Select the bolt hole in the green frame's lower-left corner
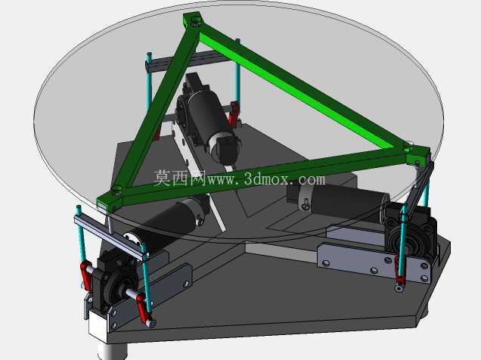point(117,191)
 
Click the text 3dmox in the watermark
point(266,178)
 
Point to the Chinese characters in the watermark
point(180,178)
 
